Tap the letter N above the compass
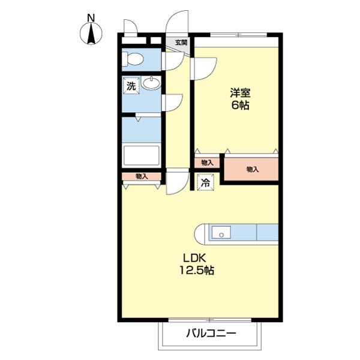click(x=91, y=18)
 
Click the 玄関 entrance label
click(x=181, y=43)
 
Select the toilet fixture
click(x=133, y=59)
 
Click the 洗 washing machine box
click(x=131, y=85)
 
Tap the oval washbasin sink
click(x=151, y=83)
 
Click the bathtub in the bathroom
click(x=141, y=156)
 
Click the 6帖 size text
click(x=240, y=106)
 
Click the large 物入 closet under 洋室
click(x=252, y=170)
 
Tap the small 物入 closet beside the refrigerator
click(x=207, y=163)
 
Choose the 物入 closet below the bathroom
click(x=142, y=176)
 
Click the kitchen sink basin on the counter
click(x=221, y=233)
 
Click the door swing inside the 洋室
click(x=203, y=67)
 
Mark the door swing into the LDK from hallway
click(x=176, y=182)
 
